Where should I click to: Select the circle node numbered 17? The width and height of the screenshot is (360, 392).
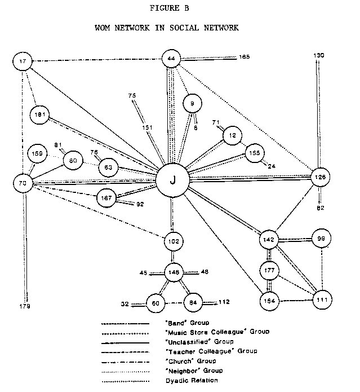[x=23, y=61]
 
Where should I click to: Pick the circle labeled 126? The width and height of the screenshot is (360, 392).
[x=321, y=177]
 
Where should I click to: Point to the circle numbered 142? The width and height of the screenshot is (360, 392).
[x=269, y=240]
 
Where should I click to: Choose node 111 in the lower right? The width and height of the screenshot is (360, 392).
[x=322, y=299]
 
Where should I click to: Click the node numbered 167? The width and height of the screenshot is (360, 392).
[x=106, y=198]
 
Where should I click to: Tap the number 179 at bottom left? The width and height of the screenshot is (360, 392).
[x=24, y=306]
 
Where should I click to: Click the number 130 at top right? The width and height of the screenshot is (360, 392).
[x=319, y=55]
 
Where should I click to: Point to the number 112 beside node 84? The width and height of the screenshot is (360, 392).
[x=224, y=302]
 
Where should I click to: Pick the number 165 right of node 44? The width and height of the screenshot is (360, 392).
[x=244, y=57]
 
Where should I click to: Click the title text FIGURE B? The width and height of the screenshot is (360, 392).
[x=179, y=9]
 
